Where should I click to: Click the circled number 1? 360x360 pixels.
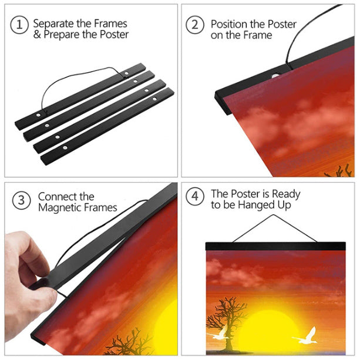(19, 25)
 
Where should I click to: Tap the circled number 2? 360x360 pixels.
(195, 25)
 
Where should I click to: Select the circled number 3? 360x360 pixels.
(21, 200)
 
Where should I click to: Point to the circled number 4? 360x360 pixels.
(195, 196)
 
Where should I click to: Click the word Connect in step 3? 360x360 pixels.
(58, 197)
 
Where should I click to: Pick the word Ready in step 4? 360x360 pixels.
(286, 194)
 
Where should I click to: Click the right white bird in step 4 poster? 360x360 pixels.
(305, 336)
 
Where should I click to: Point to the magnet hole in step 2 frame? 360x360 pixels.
(275, 76)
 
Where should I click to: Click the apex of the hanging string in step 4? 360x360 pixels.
(273, 215)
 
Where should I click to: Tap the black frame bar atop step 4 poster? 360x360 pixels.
(275, 246)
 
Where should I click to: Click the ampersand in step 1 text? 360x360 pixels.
(37, 35)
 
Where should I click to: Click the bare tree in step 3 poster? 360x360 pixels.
(129, 342)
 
